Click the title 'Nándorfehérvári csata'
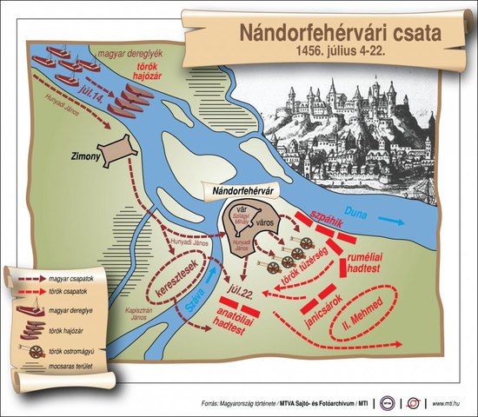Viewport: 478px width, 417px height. click(340, 34)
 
